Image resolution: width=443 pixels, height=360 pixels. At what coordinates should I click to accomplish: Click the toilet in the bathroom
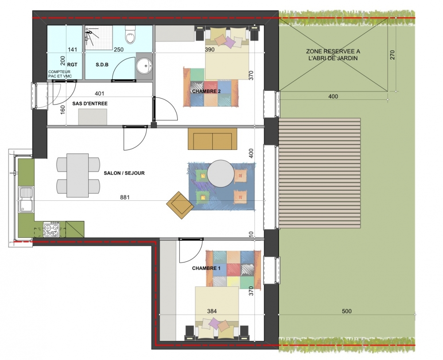click(130, 35)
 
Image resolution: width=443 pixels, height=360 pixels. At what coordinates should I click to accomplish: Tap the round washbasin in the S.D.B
click(145, 66)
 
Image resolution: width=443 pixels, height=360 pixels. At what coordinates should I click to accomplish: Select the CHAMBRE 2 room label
click(206, 91)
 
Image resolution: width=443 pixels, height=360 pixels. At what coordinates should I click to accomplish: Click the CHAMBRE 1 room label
click(206, 268)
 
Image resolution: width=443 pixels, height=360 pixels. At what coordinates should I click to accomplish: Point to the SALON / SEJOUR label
click(124, 173)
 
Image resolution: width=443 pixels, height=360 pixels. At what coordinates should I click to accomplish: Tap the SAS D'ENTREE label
click(90, 103)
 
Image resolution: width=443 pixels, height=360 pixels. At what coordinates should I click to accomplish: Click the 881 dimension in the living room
click(124, 197)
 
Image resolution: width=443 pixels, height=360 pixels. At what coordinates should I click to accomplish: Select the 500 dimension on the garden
click(347, 311)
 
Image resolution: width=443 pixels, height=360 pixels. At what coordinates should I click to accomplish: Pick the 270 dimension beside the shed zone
click(392, 55)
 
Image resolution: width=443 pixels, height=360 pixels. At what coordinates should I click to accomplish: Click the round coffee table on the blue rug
click(221, 174)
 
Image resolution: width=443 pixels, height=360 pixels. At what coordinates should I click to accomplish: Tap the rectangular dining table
click(78, 175)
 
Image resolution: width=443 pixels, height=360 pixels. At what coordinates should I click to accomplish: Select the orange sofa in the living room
click(213, 139)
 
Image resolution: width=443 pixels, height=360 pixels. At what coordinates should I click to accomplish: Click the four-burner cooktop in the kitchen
click(51, 229)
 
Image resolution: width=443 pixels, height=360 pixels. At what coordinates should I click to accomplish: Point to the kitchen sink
click(26, 200)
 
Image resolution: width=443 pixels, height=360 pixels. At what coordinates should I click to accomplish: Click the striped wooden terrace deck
click(319, 173)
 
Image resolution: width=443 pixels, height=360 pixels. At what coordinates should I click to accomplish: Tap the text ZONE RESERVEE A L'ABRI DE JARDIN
click(333, 55)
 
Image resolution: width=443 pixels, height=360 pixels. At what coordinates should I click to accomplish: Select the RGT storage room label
click(72, 64)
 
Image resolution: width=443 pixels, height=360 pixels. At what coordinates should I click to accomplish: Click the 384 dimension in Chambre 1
click(212, 311)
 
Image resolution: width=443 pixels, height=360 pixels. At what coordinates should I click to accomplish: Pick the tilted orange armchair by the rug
click(180, 205)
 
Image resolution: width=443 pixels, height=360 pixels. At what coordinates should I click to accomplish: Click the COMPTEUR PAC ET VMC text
click(60, 74)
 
